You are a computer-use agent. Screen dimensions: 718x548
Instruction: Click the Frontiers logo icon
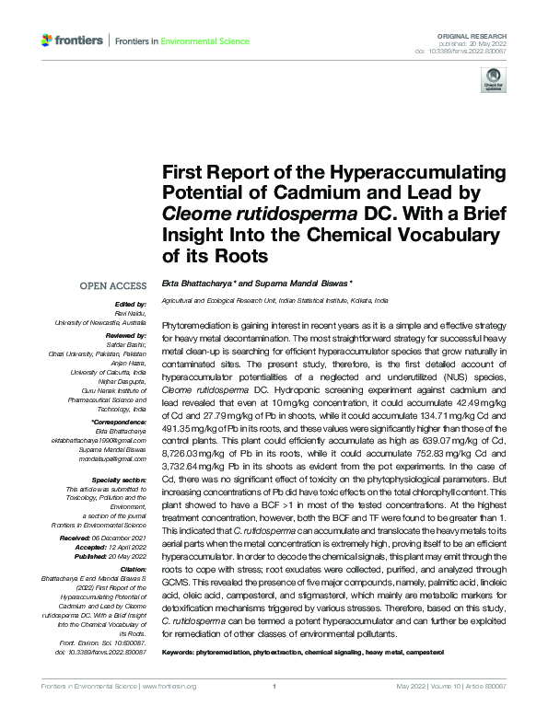coord(48,41)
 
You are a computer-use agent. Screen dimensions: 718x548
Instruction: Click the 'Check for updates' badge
coord(491,83)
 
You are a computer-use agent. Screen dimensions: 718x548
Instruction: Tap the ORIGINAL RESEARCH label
coord(487,33)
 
